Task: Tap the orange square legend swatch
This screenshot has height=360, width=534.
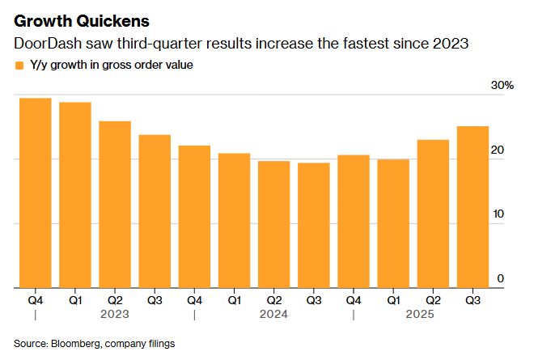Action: coord(19,65)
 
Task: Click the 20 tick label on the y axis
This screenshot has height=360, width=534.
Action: coord(498,150)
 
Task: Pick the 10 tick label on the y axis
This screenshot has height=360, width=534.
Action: coord(498,214)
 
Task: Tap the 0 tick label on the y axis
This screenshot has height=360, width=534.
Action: coord(501,278)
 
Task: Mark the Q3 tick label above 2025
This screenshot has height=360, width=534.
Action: coord(472,300)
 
